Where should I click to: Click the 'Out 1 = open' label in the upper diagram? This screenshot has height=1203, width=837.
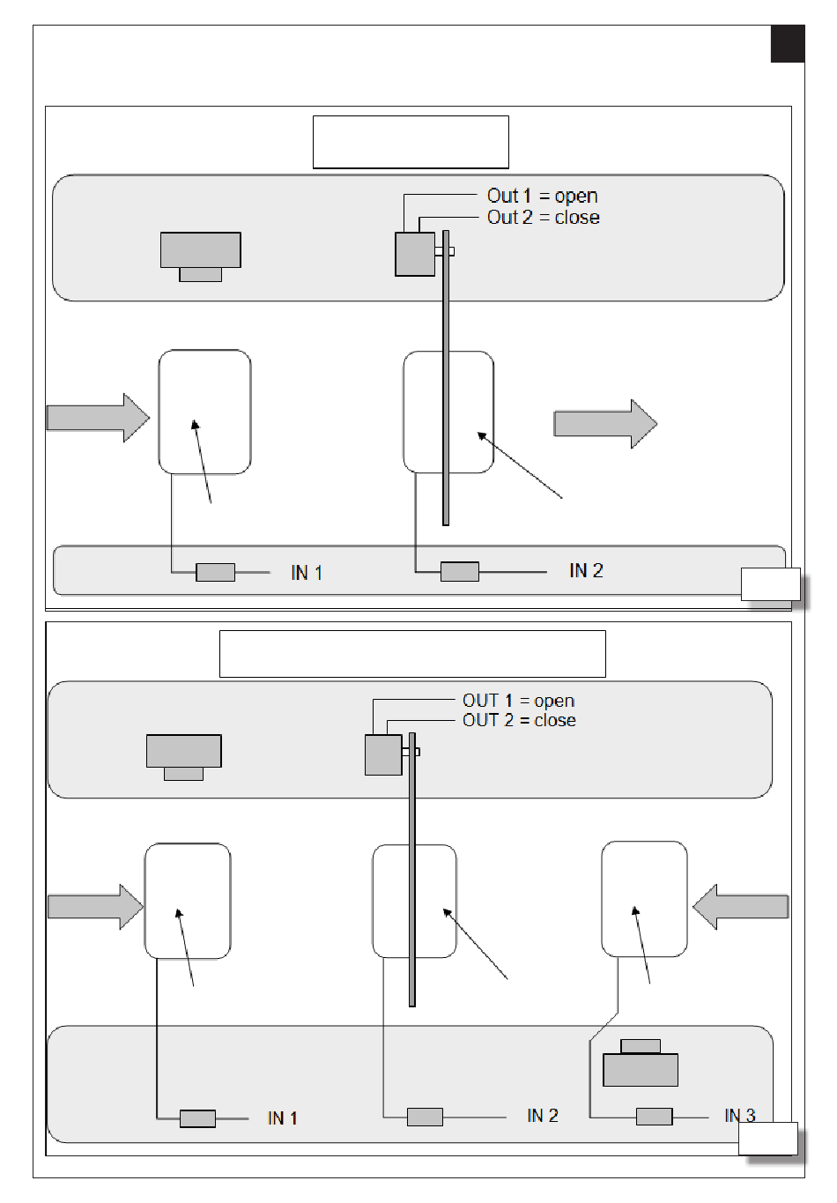tap(542, 196)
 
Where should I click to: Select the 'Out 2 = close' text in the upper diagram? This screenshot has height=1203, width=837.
tap(544, 218)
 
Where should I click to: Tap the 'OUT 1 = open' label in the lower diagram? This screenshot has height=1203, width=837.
tap(519, 701)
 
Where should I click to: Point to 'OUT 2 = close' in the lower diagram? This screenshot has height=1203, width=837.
tap(519, 720)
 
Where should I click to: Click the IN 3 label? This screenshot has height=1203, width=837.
tap(740, 1116)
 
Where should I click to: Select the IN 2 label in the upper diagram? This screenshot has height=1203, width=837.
tap(586, 570)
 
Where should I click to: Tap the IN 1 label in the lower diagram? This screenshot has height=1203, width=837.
tap(283, 1118)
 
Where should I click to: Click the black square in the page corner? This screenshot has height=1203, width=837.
tap(787, 43)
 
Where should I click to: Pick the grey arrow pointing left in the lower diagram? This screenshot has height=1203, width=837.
tap(740, 907)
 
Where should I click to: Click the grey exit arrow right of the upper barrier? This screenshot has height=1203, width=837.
tap(605, 424)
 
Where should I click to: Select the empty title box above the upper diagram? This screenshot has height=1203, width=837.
tap(411, 142)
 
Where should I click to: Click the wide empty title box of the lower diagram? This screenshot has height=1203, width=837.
tap(412, 654)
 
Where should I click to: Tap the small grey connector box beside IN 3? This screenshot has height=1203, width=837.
tap(654, 1116)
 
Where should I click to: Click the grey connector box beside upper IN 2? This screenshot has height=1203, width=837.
tap(460, 571)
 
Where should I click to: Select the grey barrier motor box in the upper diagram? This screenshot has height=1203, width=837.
tap(415, 254)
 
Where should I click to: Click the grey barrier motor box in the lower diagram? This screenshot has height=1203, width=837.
tap(383, 754)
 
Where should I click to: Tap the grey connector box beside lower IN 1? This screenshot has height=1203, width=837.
tap(197, 1118)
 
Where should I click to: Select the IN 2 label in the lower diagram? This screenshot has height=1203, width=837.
tap(543, 1116)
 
